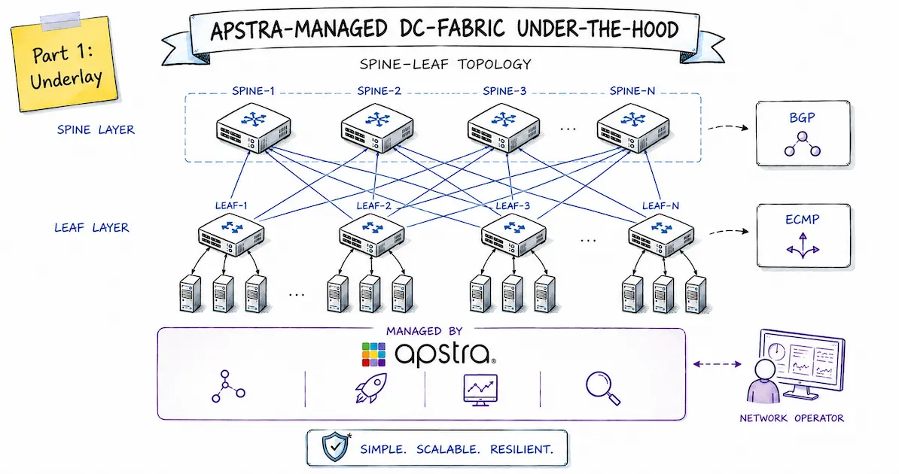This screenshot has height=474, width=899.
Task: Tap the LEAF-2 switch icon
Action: coord(371,235)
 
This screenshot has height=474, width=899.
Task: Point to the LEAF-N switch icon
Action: coord(661,235)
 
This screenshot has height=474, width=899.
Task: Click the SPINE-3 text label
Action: coord(504,91)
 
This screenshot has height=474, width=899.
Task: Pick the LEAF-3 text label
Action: coord(513,205)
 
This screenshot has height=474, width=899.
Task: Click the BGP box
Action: coord(803,133)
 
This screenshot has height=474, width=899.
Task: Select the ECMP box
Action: coord(803,235)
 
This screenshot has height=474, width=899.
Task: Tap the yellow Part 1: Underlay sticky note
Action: coord(65,63)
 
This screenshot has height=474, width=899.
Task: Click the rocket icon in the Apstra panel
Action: coord(371,388)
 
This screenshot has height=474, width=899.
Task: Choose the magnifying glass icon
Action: coord(603,388)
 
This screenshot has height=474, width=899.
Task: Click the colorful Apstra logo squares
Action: coord(373,354)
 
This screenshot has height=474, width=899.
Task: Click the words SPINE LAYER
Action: coord(96,129)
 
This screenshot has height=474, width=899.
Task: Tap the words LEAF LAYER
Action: coord(92,227)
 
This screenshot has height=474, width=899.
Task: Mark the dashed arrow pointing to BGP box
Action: coord(728,127)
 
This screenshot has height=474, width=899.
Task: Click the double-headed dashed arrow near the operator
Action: coord(718,363)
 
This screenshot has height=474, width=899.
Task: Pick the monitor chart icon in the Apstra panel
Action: coord(480,390)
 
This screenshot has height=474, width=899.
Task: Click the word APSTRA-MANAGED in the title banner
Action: coord(299,30)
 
